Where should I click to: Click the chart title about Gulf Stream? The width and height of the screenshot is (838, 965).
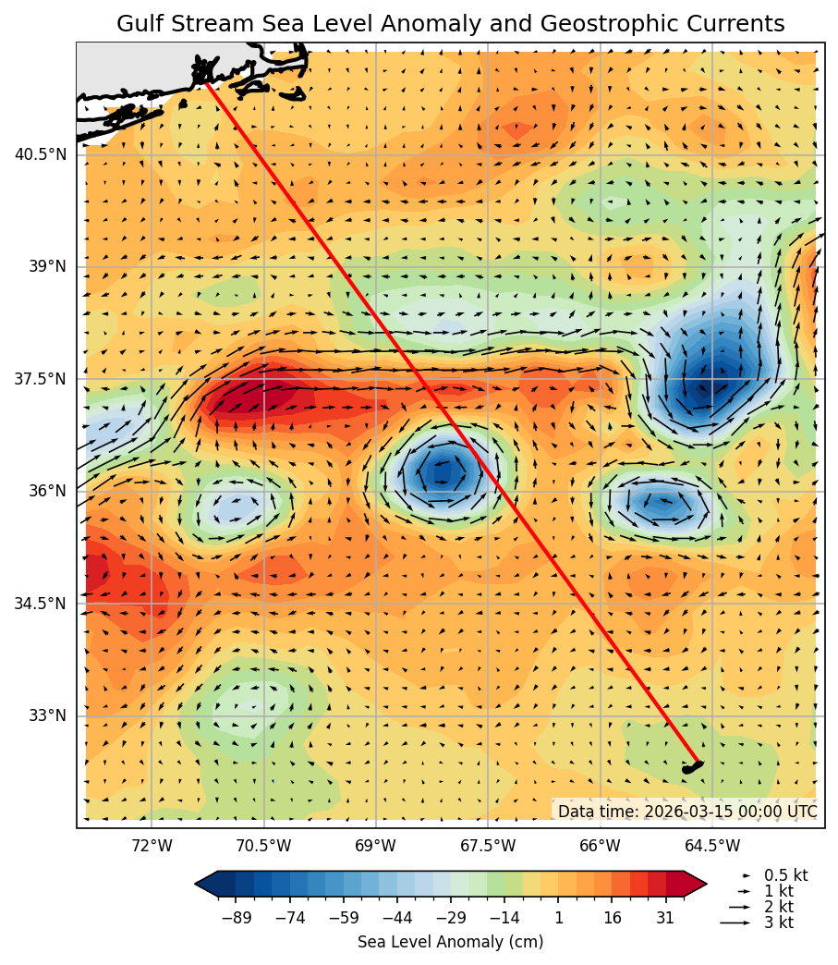click(x=450, y=24)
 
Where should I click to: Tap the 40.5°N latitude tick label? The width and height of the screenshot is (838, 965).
click(x=41, y=154)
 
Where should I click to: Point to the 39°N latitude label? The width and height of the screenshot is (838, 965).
click(x=47, y=267)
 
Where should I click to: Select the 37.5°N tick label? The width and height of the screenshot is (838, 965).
click(x=41, y=379)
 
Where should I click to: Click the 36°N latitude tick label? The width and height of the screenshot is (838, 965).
click(x=47, y=491)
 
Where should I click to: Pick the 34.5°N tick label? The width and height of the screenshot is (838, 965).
click(x=41, y=604)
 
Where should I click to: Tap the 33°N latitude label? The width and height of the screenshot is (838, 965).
click(x=47, y=715)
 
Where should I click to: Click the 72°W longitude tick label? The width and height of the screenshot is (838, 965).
click(x=152, y=846)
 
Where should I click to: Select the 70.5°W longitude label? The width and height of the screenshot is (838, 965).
click(x=264, y=846)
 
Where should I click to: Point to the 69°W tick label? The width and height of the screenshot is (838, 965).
click(x=376, y=846)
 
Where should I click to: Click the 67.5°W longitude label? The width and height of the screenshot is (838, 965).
click(x=488, y=846)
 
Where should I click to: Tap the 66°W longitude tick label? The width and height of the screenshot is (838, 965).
click(x=601, y=846)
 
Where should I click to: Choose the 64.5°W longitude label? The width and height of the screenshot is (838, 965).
click(x=712, y=846)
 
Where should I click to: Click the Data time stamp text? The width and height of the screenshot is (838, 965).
click(x=687, y=812)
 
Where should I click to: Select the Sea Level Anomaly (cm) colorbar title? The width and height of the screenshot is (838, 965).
click(x=450, y=942)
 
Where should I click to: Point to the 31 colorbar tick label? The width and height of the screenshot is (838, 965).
click(x=665, y=917)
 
